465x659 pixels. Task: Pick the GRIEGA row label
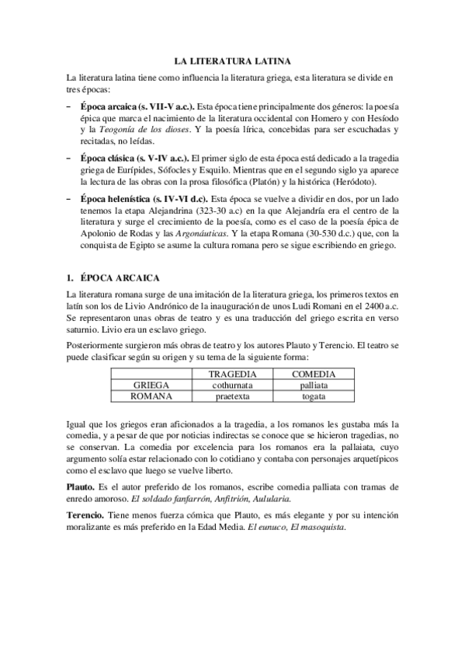click(x=151, y=385)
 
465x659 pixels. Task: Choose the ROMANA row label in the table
click(x=151, y=396)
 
